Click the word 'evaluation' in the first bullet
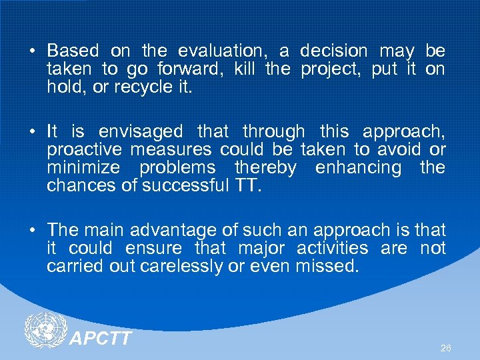coord(223,51)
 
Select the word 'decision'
coord(333,51)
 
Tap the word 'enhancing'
coord(358,167)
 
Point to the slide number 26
coord(446,348)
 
